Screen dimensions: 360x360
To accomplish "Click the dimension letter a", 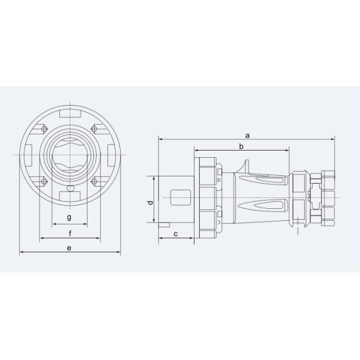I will coord(247,135).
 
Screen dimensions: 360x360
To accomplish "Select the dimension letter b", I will coord(241,146).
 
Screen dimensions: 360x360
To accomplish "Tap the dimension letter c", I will coord(175,233).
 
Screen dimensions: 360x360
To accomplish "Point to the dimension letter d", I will coord(151,203).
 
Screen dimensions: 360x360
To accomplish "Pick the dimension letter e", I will coord(70,247).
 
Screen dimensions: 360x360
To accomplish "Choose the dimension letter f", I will coord(70,233).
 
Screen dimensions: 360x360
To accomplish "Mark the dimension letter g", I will coord(70,217).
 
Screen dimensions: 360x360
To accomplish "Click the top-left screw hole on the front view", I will coord(44,128).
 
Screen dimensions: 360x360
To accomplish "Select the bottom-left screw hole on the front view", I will coord(44,181).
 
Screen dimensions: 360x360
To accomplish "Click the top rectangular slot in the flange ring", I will coord(70,113).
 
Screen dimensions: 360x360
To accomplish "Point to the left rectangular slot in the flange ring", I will coord(29,155).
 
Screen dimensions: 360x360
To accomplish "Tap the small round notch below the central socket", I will coord(70,188).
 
